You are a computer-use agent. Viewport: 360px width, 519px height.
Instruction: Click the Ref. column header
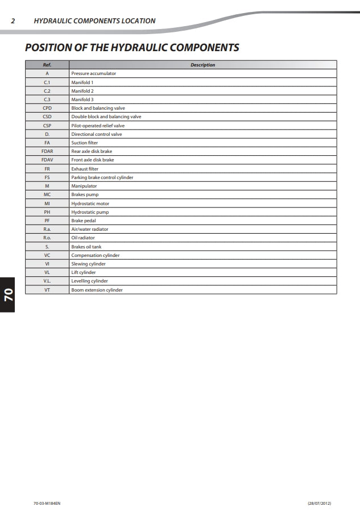coord(47,65)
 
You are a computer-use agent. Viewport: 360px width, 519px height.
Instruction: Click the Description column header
coord(202,65)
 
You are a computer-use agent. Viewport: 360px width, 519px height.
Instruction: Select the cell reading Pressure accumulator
coord(93,73)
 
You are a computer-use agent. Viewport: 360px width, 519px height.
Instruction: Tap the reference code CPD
coord(47,108)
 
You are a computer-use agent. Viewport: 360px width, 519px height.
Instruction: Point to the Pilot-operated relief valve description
coord(98,126)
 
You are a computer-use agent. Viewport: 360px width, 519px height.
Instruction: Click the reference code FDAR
coord(47,151)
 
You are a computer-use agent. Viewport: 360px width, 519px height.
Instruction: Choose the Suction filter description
coord(84,143)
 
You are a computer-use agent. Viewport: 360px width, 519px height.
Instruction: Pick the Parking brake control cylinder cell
coord(102,177)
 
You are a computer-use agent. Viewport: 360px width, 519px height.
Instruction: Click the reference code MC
coord(47,194)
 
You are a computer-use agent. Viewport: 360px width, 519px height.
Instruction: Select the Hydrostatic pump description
coord(90,212)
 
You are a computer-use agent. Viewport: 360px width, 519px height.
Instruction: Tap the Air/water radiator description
coord(89,229)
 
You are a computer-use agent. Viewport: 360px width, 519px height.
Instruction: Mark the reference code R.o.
coord(47,238)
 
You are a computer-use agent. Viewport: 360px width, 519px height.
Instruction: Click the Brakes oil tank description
coord(86,247)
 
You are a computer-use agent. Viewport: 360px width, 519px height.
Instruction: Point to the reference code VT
coord(47,290)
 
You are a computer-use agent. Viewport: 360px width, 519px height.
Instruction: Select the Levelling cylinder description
coord(89,281)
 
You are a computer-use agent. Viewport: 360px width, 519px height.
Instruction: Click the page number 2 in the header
coord(13,21)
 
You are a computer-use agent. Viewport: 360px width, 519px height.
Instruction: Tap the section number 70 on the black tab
coord(9,294)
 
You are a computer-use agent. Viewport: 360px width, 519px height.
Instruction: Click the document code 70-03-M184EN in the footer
coord(47,504)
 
